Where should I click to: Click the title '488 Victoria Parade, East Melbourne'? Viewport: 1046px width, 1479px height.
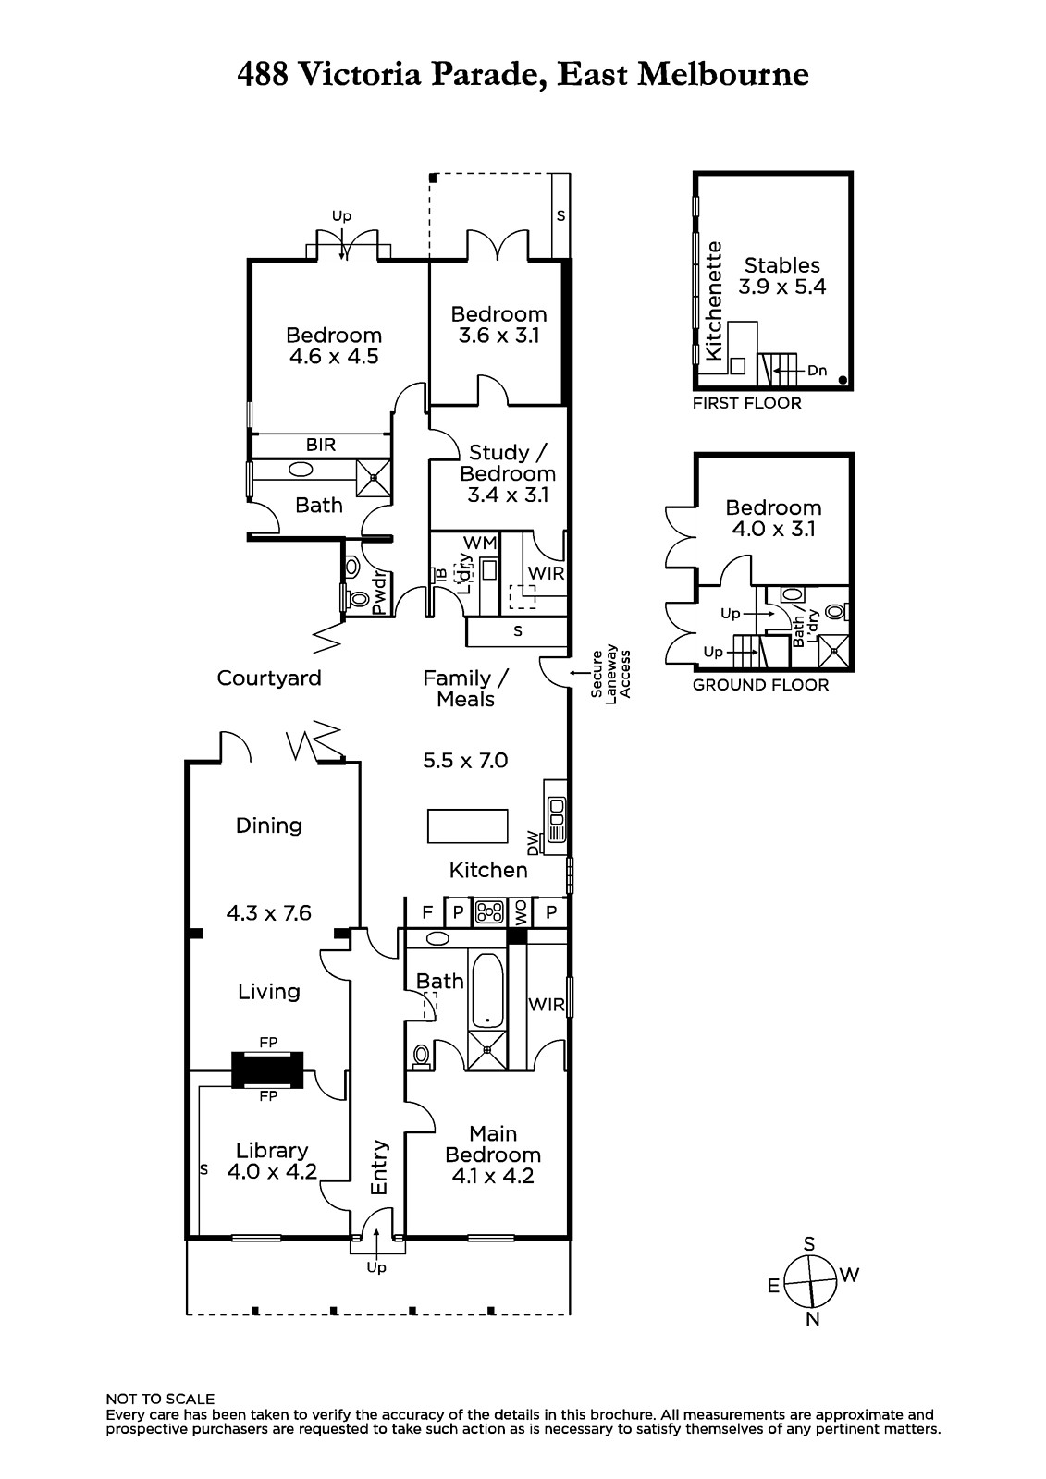click(x=523, y=75)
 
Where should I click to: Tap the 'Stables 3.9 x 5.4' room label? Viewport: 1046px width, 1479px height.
click(x=781, y=276)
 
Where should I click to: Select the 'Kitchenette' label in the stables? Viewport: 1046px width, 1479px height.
click(x=714, y=301)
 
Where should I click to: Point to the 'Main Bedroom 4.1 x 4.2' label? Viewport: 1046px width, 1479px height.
click(x=493, y=1155)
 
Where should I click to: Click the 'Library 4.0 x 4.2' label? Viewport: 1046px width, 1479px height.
click(x=272, y=1161)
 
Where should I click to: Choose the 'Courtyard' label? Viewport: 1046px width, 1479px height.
click(x=269, y=678)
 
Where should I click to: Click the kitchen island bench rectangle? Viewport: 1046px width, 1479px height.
click(x=468, y=826)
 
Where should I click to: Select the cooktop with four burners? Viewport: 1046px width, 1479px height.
click(x=489, y=912)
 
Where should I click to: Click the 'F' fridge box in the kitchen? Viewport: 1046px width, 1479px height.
click(x=427, y=912)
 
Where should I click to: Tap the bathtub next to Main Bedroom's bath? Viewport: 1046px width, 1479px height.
click(x=487, y=990)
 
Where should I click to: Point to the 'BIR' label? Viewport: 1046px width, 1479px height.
click(x=321, y=445)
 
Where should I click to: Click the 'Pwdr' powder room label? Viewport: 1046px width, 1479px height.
click(x=378, y=593)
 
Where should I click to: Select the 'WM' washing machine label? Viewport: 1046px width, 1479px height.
click(x=480, y=543)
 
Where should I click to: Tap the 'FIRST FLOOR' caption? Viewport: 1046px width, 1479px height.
click(x=746, y=403)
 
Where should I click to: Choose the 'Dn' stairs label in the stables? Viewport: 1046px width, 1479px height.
click(x=818, y=371)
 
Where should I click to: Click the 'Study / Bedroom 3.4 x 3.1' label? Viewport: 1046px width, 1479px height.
click(x=508, y=473)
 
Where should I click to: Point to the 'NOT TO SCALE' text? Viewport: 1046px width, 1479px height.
click(x=161, y=1400)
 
